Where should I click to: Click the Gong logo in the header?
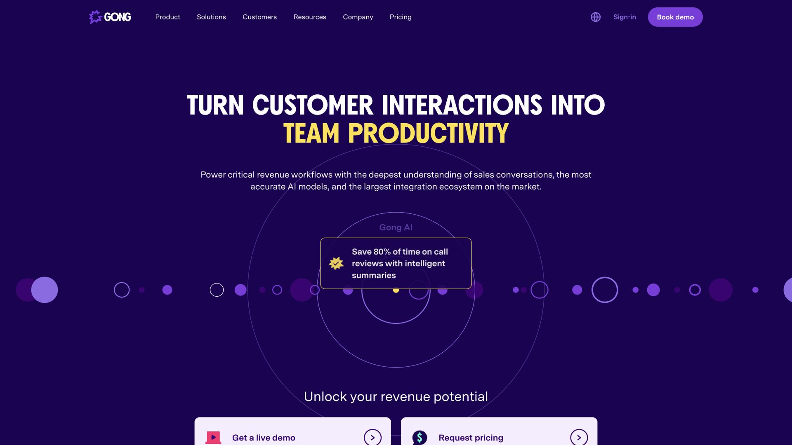click(110, 17)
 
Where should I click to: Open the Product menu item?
click(167, 17)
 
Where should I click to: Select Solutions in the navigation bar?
click(211, 17)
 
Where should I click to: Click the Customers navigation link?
click(259, 17)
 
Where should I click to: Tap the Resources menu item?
click(310, 17)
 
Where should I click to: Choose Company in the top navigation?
click(358, 17)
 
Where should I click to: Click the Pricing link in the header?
click(400, 17)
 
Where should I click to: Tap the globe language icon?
click(595, 17)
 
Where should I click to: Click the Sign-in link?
click(625, 17)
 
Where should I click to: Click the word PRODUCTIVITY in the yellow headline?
click(428, 133)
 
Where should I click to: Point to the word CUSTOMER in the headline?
click(313, 105)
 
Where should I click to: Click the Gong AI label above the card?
click(396, 227)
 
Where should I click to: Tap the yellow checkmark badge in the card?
click(336, 263)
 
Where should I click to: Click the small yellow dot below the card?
click(396, 290)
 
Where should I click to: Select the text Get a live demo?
click(264, 438)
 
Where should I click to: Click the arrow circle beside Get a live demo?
click(372, 438)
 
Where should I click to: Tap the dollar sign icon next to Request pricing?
click(420, 438)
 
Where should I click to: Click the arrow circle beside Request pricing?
click(579, 438)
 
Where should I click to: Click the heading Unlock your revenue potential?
click(396, 396)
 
